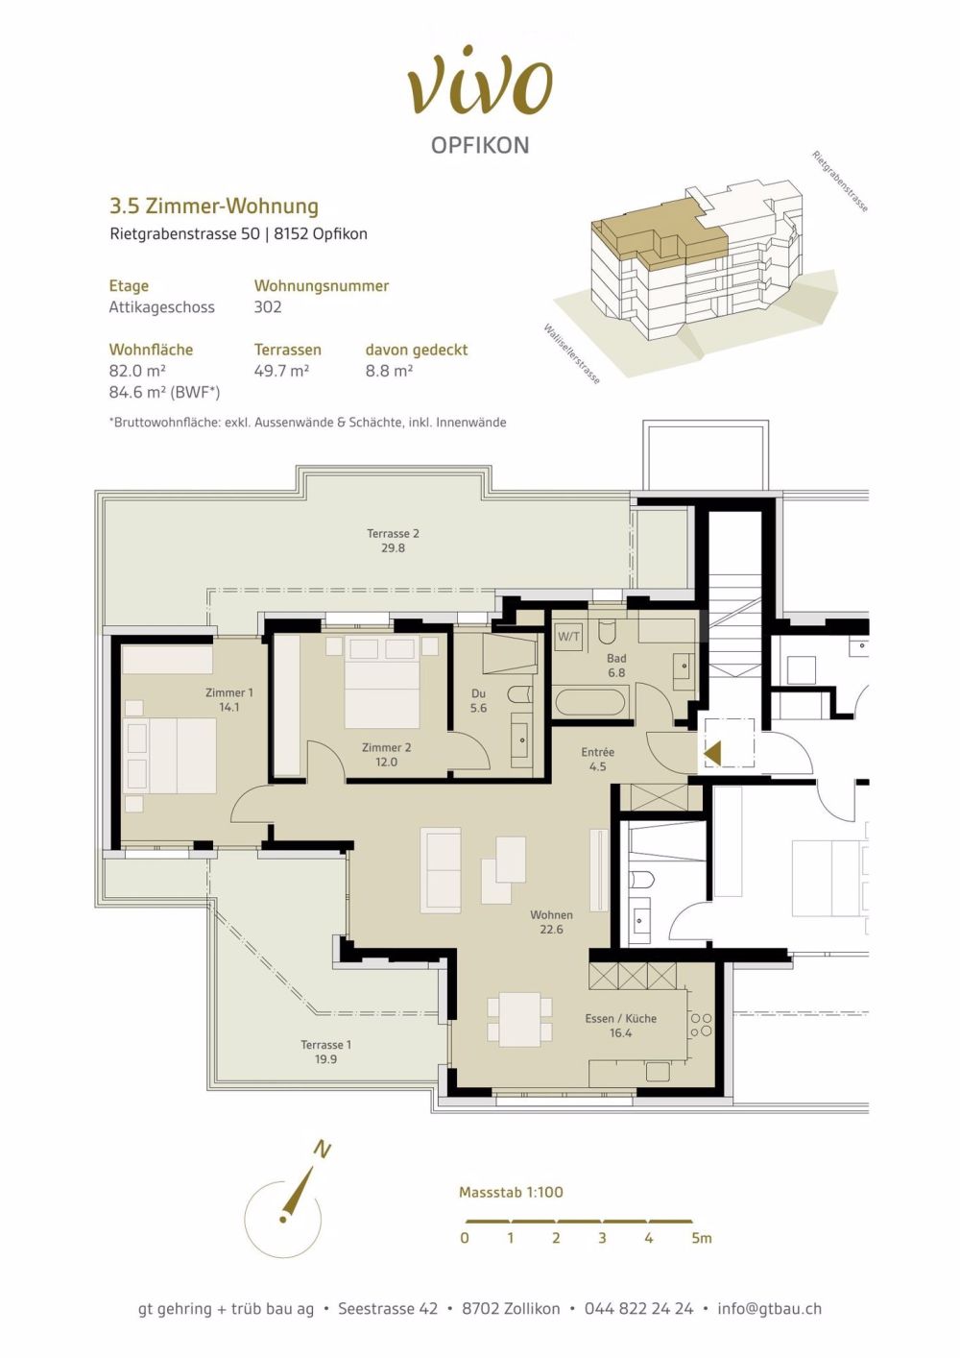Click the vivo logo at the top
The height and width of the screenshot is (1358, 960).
[480, 81]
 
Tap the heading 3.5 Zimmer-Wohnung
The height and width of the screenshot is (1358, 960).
[213, 206]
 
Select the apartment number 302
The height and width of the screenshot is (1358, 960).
[268, 307]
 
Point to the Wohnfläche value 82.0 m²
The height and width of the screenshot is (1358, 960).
[137, 371]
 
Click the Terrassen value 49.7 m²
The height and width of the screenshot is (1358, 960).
[281, 371]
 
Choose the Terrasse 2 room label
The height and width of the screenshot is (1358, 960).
[393, 541]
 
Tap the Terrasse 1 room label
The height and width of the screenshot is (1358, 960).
[325, 1052]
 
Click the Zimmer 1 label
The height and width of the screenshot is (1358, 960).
[229, 699]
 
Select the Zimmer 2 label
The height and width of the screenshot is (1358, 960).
[386, 754]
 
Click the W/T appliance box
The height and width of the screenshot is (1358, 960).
[568, 636]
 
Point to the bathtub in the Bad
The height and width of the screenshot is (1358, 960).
[590, 701]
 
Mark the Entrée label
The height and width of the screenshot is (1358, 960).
[597, 759]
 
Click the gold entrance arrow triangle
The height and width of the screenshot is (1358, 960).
[712, 754]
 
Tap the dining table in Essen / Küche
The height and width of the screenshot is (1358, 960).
[519, 1019]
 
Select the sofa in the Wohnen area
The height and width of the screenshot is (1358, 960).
[441, 870]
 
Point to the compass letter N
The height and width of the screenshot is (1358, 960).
[323, 1150]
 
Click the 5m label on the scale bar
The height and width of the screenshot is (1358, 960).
[701, 1239]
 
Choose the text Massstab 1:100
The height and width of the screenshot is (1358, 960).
[511, 1192]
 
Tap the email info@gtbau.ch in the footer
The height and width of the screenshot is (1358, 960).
[769, 1308]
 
